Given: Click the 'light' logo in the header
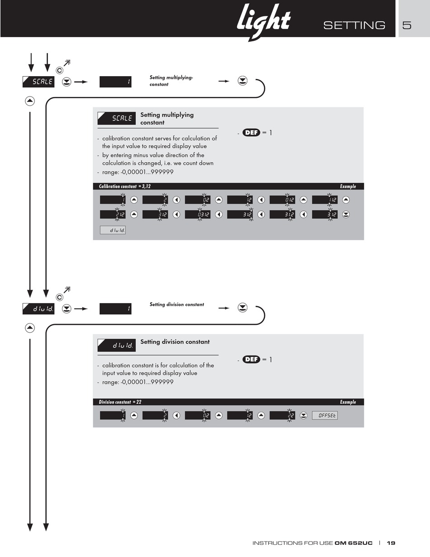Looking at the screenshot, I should pyautogui.click(x=263, y=22).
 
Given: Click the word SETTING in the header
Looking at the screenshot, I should pyautogui.click(x=354, y=25).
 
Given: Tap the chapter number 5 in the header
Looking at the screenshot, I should pyautogui.click(x=407, y=25).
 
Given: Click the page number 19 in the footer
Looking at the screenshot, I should pyautogui.click(x=391, y=542).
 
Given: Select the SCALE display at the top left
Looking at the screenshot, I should pyautogui.click(x=38, y=82).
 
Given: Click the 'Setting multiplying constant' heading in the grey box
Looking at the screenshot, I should pyautogui.click(x=167, y=119).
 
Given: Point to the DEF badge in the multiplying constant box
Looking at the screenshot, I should pyautogui.click(x=251, y=133).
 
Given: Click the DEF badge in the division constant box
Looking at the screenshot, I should pyautogui.click(x=251, y=359).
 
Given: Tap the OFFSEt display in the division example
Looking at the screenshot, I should pyautogui.click(x=325, y=416).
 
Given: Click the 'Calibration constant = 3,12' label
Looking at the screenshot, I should pyautogui.click(x=125, y=186).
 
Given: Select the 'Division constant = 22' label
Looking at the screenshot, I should pyautogui.click(x=120, y=402).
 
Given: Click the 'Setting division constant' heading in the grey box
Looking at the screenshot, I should pyautogui.click(x=175, y=342).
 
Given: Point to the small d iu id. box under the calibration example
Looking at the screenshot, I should pyautogui.click(x=113, y=230).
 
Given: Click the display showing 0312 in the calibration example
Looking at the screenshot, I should pyautogui.click(x=198, y=214).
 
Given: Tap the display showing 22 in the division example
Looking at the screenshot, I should pyautogui.click(x=282, y=416).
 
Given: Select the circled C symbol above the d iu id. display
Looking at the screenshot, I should pyautogui.click(x=59, y=297).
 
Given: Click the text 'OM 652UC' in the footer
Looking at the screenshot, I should pyautogui.click(x=354, y=542).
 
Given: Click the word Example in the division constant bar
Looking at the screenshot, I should pyautogui.click(x=348, y=402).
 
